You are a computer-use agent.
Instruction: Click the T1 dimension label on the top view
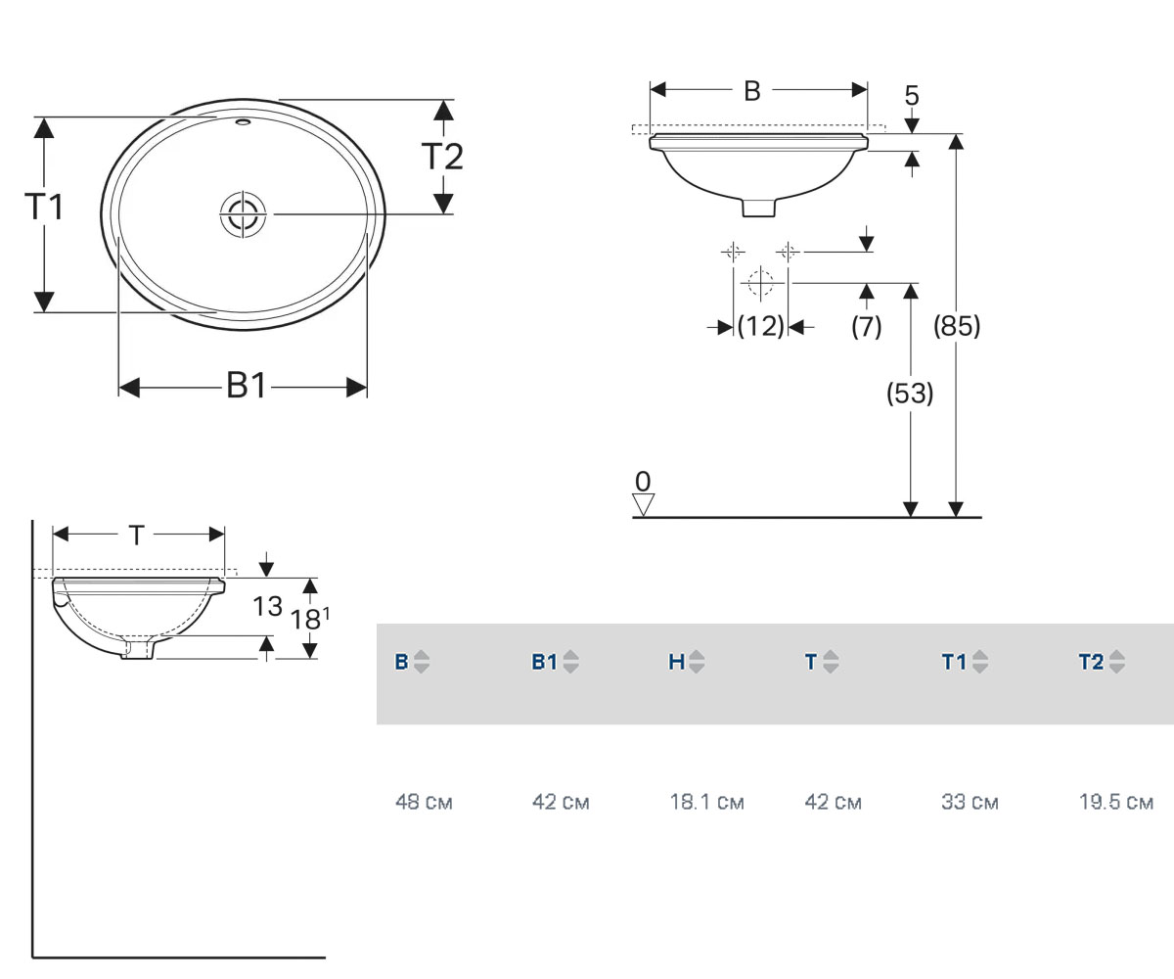pyautogui.click(x=44, y=206)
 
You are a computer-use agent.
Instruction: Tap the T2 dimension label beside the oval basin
pyautogui.click(x=442, y=156)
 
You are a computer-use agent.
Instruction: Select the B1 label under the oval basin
pyautogui.click(x=247, y=386)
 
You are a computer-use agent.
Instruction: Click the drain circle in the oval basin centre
pyautogui.click(x=243, y=213)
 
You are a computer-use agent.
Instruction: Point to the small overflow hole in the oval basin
pyautogui.click(x=243, y=121)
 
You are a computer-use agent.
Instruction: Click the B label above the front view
pyautogui.click(x=751, y=91)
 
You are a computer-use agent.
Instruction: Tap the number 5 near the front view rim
pyautogui.click(x=912, y=95)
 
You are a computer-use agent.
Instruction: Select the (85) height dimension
pyautogui.click(x=957, y=326)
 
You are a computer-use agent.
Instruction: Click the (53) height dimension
pyautogui.click(x=910, y=393)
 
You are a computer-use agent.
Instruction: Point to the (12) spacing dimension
pyautogui.click(x=760, y=326)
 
